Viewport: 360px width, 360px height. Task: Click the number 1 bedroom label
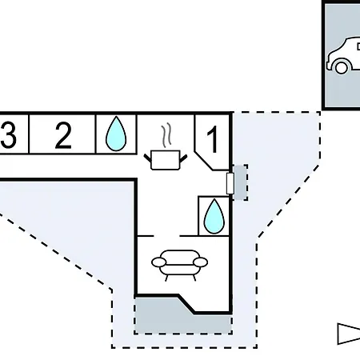pos(213,139)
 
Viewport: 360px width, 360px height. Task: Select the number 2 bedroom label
pos(63,135)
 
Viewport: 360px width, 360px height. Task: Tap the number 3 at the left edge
pos(8,134)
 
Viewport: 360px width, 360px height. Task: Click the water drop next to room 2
pos(116,134)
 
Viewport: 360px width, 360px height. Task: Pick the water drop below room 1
pos(214,216)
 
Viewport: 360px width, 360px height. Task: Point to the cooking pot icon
pos(166,159)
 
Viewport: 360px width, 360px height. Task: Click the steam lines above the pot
pos(166,135)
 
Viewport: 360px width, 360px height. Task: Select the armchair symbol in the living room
pos(179,265)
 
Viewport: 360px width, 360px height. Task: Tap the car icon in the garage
pos(343,56)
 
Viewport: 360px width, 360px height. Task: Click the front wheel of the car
pos(341,67)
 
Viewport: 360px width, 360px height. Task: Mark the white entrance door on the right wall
pos(230,183)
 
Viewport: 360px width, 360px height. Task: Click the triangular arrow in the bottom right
pos(349,334)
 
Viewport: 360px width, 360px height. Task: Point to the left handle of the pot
pos(147,158)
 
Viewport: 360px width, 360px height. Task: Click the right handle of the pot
pos(183,158)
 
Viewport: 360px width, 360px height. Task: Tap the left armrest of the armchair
pos(158,262)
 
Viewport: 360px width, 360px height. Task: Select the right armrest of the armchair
pos(201,262)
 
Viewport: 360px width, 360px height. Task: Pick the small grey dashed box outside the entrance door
pos(241,182)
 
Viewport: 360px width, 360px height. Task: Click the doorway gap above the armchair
pos(166,236)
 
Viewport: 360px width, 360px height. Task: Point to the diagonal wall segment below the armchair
pos(186,304)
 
